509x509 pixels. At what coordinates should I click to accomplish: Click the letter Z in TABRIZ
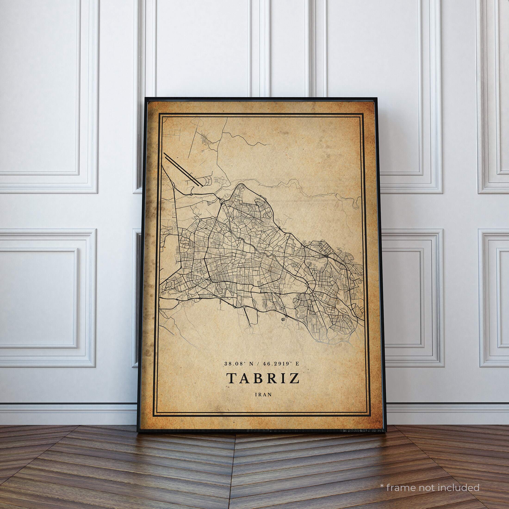(295, 378)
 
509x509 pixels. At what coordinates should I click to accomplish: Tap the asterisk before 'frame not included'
(382, 478)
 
